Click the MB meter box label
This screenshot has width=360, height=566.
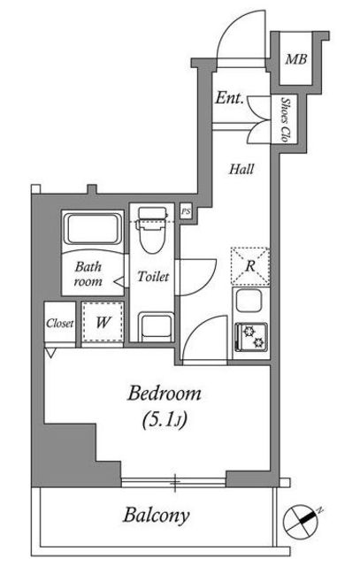295,59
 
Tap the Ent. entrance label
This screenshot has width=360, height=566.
229,97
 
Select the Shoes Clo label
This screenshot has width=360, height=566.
286,119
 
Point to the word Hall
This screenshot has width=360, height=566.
241,169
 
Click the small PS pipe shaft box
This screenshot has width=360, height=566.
186,211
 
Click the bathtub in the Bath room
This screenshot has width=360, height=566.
93,229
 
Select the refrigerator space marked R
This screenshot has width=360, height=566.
250,265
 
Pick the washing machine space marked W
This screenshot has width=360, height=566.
103,322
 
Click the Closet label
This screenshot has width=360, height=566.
60,323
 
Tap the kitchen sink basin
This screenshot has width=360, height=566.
249,301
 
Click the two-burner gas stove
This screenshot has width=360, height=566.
251,337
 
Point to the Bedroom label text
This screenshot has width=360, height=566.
165,394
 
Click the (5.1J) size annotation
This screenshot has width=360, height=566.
165,420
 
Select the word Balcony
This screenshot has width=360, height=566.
157,516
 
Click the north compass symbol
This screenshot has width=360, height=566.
302,521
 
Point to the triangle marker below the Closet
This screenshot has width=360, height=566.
50,353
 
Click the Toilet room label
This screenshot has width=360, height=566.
153,277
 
